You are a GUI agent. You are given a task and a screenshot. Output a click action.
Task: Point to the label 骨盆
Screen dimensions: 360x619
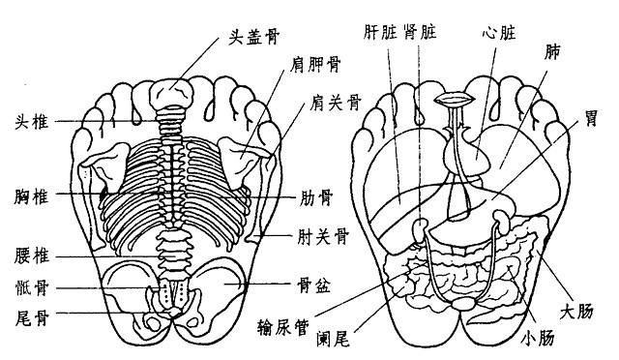click(317, 286)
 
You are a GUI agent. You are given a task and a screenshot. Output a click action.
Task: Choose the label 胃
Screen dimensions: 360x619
click(588, 118)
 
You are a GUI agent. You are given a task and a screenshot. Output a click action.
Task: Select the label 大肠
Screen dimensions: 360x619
click(589, 309)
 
